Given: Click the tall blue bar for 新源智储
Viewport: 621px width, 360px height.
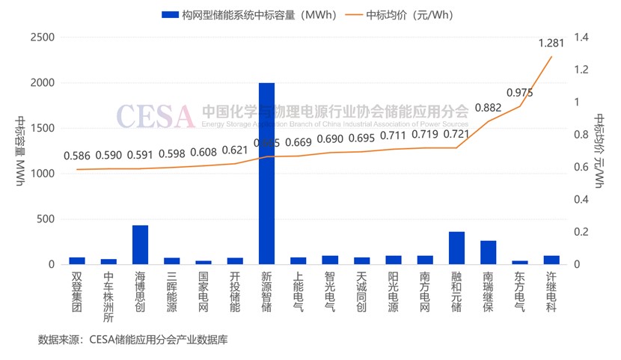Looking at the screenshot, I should coord(266,173).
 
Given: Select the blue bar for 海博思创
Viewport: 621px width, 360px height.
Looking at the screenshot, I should coord(140,245).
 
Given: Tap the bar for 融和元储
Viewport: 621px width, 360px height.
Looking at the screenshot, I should coord(456,248).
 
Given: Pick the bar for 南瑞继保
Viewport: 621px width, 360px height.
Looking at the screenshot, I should coord(488,252).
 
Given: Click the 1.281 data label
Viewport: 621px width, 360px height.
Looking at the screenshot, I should coord(551,43).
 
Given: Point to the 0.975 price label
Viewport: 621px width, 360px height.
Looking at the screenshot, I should coord(520,93).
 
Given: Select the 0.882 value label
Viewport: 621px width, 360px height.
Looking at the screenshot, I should coord(488,108).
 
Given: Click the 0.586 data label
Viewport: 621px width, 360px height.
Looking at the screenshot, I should coord(77,156).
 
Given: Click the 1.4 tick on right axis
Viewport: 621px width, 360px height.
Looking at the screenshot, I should coord(581,37).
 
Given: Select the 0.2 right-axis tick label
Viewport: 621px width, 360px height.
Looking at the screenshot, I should coord(581,232).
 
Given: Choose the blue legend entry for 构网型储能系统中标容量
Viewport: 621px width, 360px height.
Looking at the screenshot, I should coord(251,15).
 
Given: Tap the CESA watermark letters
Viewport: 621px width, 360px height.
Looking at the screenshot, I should coord(154,115).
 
